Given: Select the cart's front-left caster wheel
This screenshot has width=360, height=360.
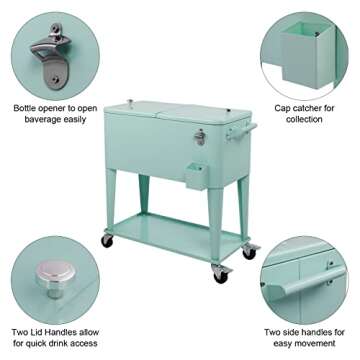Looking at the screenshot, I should tap(106, 242).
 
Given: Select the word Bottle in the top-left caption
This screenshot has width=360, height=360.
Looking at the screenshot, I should tap(27, 107).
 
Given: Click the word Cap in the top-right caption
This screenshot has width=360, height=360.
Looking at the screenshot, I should tap(283, 107).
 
